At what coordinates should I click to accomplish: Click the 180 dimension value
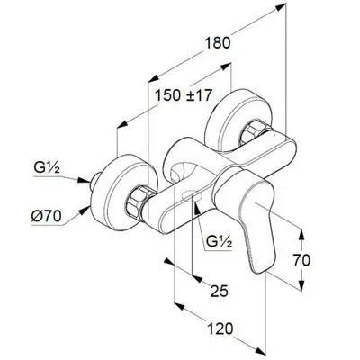point(218,43)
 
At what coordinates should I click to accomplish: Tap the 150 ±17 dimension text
point(184,95)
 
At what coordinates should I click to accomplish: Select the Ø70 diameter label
point(47,216)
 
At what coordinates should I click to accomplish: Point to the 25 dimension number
point(220,291)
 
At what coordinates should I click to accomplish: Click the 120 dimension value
point(221,328)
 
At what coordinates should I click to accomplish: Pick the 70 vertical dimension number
point(301,260)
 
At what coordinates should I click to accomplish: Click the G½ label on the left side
point(47,168)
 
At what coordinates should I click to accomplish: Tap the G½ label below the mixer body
point(220,240)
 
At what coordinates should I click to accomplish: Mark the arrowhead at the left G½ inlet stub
point(85,180)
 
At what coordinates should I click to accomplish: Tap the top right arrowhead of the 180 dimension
point(280,7)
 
